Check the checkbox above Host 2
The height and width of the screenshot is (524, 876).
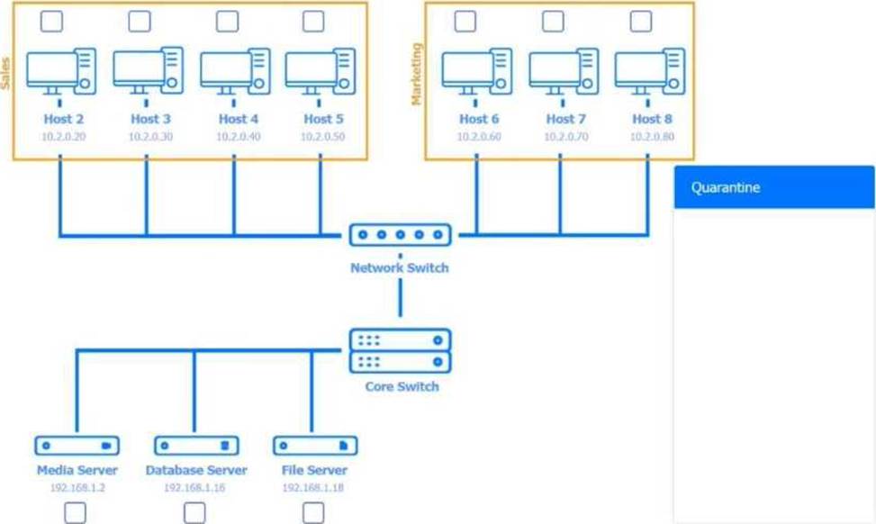52,21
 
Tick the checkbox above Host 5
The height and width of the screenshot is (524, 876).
312,21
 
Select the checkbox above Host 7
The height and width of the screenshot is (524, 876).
553,21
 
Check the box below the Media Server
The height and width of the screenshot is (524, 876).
76,513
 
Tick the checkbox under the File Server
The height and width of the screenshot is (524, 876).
312,513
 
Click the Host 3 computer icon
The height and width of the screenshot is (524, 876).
148,71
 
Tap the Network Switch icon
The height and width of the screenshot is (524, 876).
400,236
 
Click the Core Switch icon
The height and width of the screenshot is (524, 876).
400,351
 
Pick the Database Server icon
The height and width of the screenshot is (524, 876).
195,446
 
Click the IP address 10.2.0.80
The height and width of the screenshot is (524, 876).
652,137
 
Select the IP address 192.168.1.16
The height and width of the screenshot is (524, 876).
195,487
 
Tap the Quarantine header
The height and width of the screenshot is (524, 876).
774,187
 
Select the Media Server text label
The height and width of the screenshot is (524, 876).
77,470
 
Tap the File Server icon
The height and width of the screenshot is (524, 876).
314,446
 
